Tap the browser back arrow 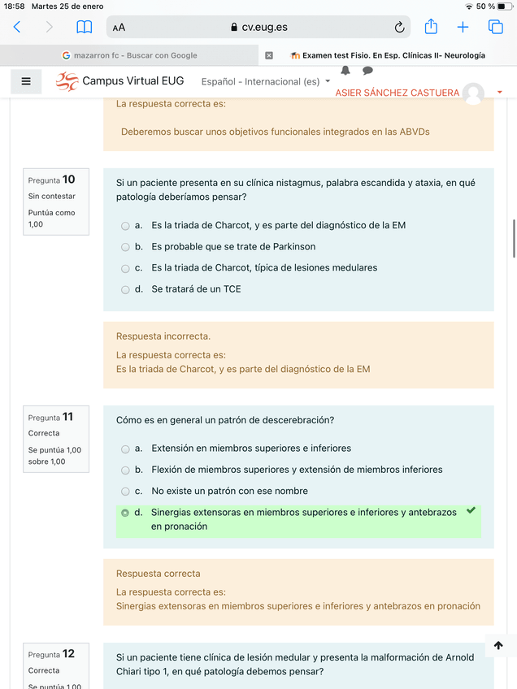(17, 27)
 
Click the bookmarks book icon (84, 27)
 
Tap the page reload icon (399, 27)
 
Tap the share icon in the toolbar (431, 27)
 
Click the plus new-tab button (463, 27)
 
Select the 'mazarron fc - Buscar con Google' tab (130, 55)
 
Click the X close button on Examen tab (269, 55)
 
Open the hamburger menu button (26, 81)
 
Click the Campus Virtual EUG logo (67, 81)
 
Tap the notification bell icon (345, 71)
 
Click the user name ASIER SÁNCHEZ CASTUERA (398, 93)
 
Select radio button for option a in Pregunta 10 (125, 226)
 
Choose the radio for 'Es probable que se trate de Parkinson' (125, 247)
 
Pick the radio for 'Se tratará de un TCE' (125, 289)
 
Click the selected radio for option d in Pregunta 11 (125, 513)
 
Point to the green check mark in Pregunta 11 (471, 510)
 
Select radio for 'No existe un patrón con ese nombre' (125, 492)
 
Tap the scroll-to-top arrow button (498, 645)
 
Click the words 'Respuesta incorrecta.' (163, 336)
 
